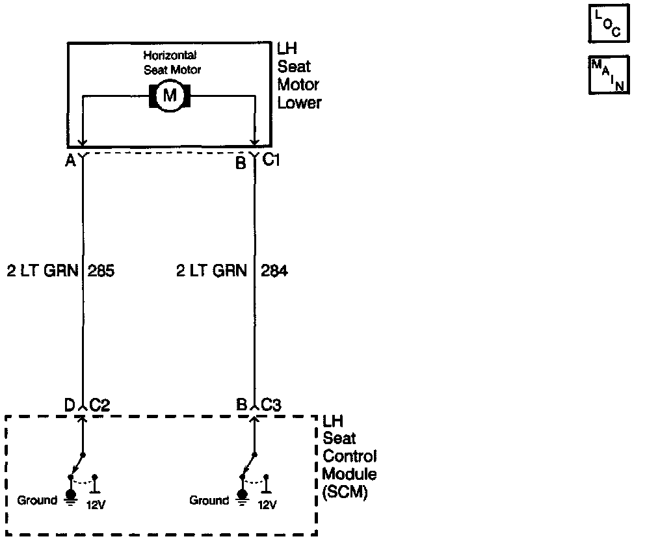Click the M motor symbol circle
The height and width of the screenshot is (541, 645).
[x=170, y=96]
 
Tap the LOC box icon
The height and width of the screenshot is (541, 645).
[x=608, y=24]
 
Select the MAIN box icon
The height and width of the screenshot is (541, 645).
[x=608, y=75]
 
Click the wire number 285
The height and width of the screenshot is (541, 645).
[x=101, y=271]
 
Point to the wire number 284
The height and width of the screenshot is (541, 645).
[x=274, y=271]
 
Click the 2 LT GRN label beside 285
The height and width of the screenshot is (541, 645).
[x=44, y=271]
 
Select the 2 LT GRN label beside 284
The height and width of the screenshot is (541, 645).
[x=211, y=271]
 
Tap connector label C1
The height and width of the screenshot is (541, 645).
[x=271, y=159]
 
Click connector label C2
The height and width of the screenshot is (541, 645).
[x=99, y=405]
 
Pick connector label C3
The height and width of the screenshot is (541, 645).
[x=271, y=405]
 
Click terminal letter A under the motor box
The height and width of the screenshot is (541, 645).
[x=70, y=162]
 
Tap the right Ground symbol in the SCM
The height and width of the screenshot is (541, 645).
[x=242, y=497]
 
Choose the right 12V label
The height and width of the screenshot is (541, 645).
[x=267, y=504]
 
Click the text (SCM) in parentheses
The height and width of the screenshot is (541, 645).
[x=345, y=493]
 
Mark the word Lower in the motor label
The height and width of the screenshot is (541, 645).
[x=300, y=103]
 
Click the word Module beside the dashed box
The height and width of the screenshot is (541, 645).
[x=349, y=474]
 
